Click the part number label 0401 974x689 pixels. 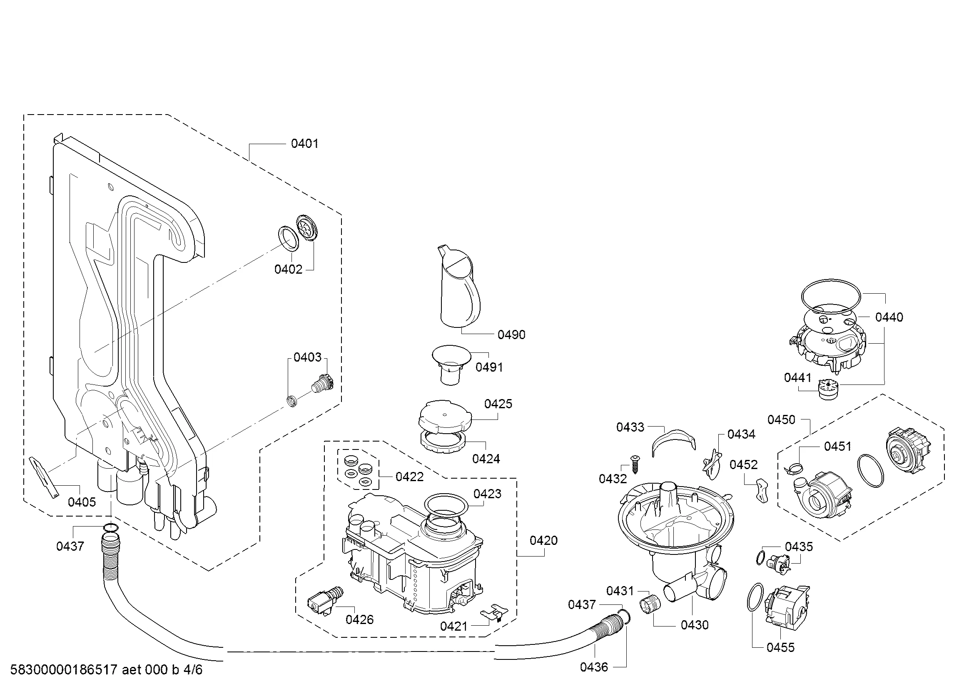click(304, 144)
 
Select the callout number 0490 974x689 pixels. click(511, 335)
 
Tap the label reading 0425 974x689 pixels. click(498, 404)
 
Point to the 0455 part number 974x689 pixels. click(780, 647)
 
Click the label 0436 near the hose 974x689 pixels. click(593, 667)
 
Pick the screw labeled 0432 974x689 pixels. click(635, 464)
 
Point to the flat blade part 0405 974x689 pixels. click(45, 476)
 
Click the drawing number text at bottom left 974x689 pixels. click(106, 670)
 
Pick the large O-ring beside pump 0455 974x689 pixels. click(754, 597)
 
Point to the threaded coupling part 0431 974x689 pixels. click(650, 603)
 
